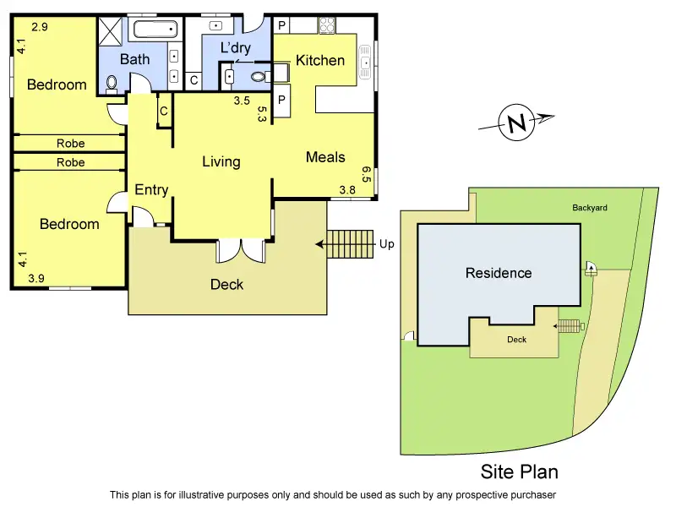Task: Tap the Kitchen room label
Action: pyautogui.click(x=319, y=60)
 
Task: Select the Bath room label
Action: pyautogui.click(x=134, y=59)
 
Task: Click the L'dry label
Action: pyautogui.click(x=235, y=48)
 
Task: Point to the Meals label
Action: pyautogui.click(x=325, y=157)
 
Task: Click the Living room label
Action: pyautogui.click(x=221, y=161)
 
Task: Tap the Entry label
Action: pyautogui.click(x=151, y=190)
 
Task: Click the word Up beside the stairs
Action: pyautogui.click(x=387, y=244)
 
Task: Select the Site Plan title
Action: pyautogui.click(x=519, y=472)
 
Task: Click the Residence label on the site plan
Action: pyautogui.click(x=499, y=273)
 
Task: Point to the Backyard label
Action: pyautogui.click(x=589, y=207)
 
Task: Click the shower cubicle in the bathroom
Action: pyautogui.click(x=111, y=32)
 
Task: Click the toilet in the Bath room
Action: pyautogui.click(x=112, y=83)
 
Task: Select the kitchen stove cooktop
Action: pyautogui.click(x=327, y=25)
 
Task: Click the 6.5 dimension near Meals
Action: pyautogui.click(x=366, y=174)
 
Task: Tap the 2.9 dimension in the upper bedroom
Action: pyautogui.click(x=40, y=27)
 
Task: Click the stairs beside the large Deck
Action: pyautogui.click(x=350, y=244)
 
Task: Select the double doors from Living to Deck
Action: pyautogui.click(x=241, y=251)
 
